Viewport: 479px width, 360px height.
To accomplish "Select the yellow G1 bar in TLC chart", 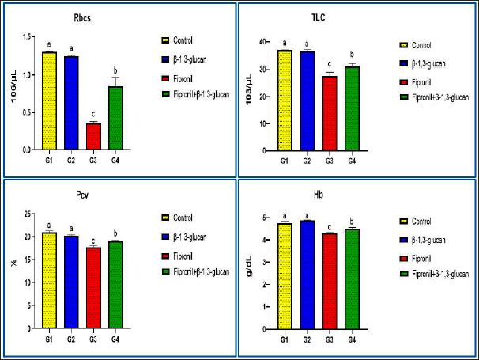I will pyautogui.click(x=285, y=100).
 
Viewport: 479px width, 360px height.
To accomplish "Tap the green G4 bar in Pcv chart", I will pyautogui.click(x=116, y=284).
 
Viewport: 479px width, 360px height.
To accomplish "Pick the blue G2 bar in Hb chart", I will pyautogui.click(x=307, y=274).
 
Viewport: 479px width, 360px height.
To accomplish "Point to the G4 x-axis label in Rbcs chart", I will pyautogui.click(x=116, y=159).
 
